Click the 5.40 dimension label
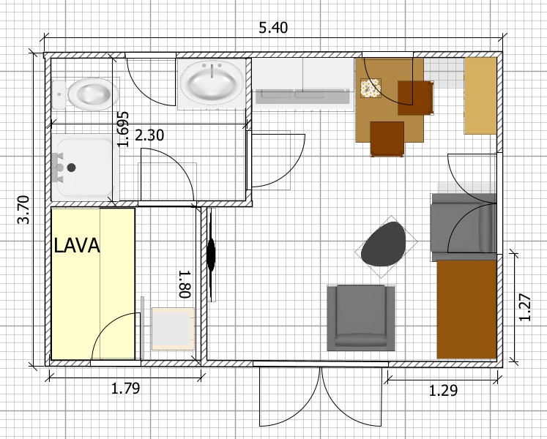[273, 28]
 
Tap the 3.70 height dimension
[23, 209]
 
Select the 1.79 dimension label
[125, 388]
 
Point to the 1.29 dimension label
[443, 391]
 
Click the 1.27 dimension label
[524, 307]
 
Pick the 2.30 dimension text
[149, 135]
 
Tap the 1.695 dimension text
[123, 129]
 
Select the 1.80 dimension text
[185, 284]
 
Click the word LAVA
[77, 246]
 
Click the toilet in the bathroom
[86, 94]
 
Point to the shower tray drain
[72, 168]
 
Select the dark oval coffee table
[384, 244]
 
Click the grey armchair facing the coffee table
[361, 318]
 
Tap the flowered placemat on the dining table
[371, 88]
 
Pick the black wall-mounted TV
[211, 254]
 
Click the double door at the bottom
[321, 396]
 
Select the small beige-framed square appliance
[173, 329]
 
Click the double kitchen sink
[302, 97]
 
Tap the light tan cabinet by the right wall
[480, 96]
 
